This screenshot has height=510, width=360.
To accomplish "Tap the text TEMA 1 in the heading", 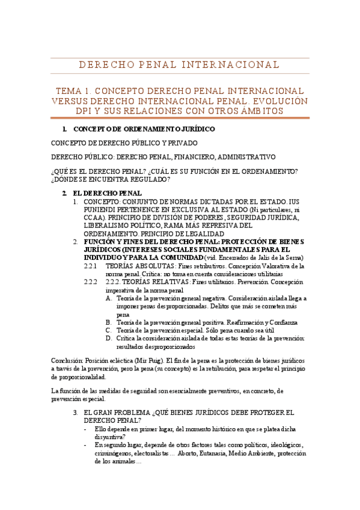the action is pos(72,90).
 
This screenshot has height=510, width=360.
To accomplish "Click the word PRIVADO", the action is pos(180,143).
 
